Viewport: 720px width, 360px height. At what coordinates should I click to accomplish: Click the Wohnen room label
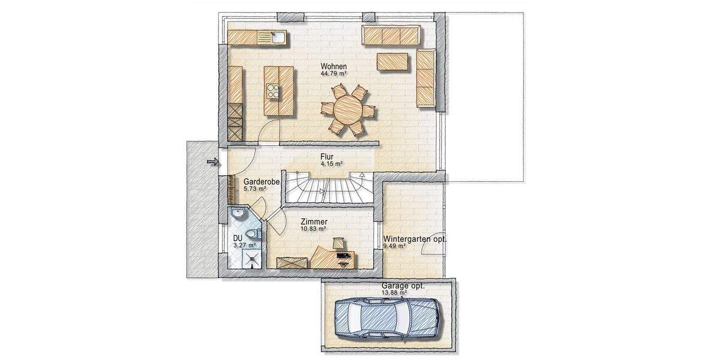pyautogui.click(x=334, y=66)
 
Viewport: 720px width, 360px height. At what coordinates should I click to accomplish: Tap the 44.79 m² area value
pyautogui.click(x=334, y=74)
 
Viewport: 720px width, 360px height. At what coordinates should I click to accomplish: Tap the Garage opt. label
pyautogui.click(x=403, y=286)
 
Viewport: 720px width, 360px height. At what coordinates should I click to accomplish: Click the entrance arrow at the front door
pyautogui.click(x=211, y=161)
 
